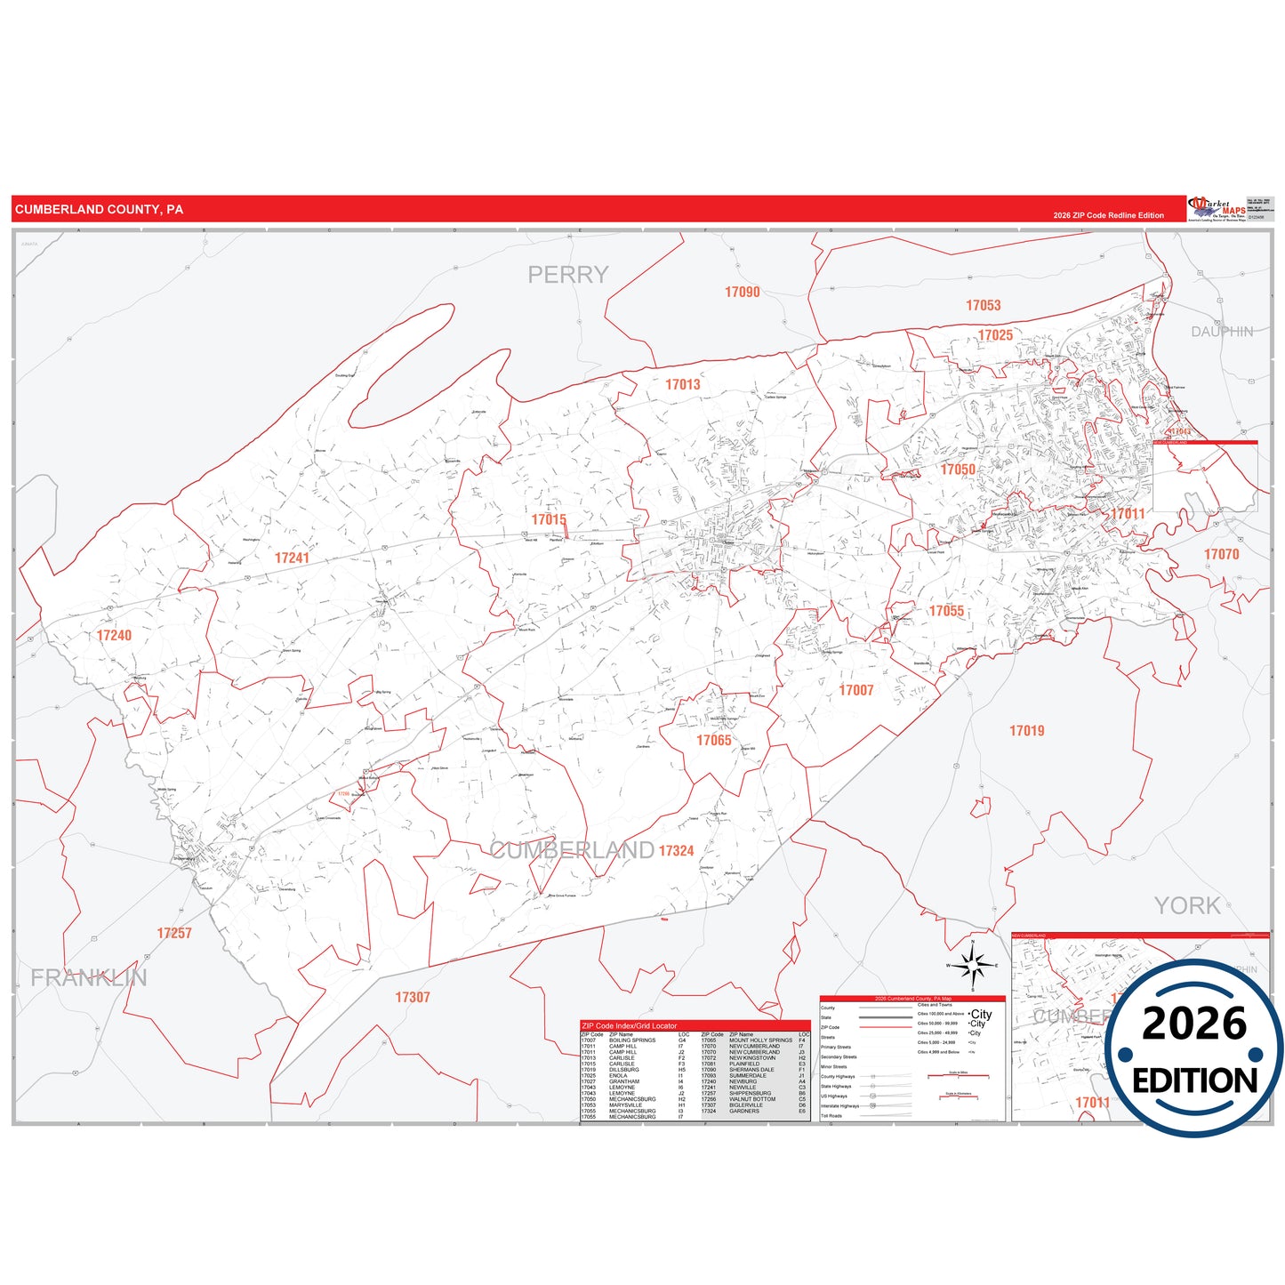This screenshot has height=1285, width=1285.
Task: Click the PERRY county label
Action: click(567, 275)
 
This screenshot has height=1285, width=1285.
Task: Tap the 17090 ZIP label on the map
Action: click(742, 292)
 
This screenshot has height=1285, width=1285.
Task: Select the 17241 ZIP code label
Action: click(292, 558)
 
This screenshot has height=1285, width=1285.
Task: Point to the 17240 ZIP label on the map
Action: click(114, 635)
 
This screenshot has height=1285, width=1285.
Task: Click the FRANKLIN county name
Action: click(89, 977)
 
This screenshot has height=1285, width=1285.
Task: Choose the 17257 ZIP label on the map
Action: click(174, 933)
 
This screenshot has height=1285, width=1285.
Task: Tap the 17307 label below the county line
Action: click(413, 997)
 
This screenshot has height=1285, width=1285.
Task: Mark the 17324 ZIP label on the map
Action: click(676, 851)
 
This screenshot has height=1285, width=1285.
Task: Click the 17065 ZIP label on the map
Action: click(713, 740)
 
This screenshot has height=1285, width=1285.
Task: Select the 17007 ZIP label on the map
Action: click(855, 690)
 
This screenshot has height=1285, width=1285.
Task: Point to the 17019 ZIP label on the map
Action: click(1026, 730)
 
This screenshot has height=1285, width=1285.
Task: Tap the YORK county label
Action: click(1186, 905)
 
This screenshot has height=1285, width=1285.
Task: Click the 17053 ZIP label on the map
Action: click(983, 305)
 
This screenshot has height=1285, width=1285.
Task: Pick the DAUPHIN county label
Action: click(1222, 332)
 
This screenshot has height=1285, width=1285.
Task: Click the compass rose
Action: click(974, 965)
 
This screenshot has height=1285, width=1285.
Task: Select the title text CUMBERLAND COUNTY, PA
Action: click(99, 210)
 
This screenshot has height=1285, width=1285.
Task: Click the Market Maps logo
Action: click(1217, 209)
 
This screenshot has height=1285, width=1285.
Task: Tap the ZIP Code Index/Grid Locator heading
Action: click(629, 1025)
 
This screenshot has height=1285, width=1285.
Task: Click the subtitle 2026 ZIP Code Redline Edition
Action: click(1108, 215)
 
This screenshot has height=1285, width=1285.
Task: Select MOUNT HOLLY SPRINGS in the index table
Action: click(760, 1040)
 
